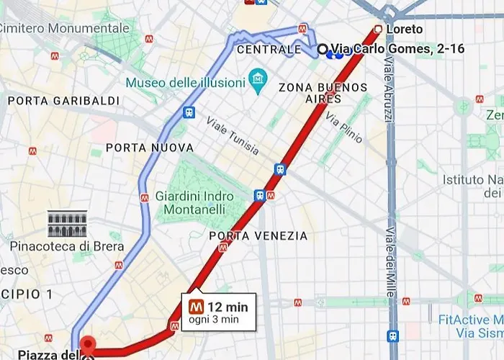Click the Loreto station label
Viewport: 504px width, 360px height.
click(404, 30)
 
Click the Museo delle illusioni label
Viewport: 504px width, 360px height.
click(185, 83)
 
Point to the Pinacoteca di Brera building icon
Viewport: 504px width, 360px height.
click(67, 224)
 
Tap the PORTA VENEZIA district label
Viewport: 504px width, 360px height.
click(258, 236)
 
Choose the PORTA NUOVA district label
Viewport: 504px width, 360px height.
click(150, 148)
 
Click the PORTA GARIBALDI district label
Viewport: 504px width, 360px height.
click(63, 101)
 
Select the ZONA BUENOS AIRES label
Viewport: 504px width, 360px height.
click(323, 93)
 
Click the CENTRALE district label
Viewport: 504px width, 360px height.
click(269, 50)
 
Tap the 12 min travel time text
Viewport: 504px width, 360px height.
click(228, 307)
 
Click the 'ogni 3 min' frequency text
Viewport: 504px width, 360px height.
click(213, 320)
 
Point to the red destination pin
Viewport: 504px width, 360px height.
click(87, 345)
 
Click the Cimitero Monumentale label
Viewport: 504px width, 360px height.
click(65, 28)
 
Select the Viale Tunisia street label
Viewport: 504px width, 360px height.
click(232, 135)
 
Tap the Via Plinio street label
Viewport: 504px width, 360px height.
click(343, 127)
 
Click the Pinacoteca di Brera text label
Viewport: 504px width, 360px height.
click(67, 246)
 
